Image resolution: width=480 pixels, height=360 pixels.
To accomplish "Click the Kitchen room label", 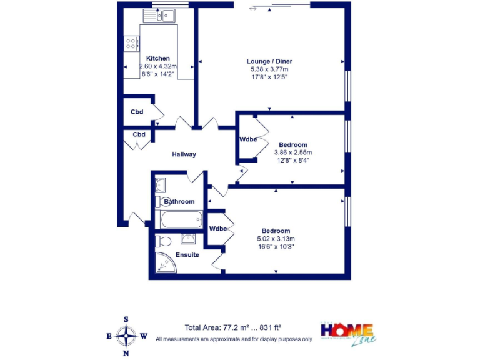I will click(x=158, y=58).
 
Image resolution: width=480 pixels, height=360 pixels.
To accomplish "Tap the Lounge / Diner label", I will click(x=269, y=61).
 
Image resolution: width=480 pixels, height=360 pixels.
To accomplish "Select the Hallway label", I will click(x=184, y=154).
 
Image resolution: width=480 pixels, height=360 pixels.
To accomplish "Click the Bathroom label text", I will click(x=179, y=202).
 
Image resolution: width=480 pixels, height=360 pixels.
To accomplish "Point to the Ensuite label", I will click(x=187, y=255).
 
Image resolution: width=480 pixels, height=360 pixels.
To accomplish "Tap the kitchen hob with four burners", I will click(x=132, y=43).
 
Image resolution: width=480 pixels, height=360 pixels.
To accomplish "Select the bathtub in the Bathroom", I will click(x=181, y=219).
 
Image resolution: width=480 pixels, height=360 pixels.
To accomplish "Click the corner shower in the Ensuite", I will click(x=165, y=266).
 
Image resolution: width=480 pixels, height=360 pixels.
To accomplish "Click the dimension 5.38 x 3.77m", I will click(x=269, y=69).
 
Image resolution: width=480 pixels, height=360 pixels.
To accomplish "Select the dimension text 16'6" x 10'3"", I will click(x=276, y=246).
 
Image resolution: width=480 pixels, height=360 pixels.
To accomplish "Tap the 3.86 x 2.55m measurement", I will click(x=293, y=152).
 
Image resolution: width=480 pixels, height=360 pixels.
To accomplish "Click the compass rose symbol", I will click(x=127, y=336).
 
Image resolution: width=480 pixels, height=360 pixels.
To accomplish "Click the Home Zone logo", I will click(x=348, y=333).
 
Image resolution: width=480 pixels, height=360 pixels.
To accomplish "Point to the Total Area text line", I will click(x=233, y=327).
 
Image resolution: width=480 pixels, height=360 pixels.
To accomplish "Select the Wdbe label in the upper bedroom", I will click(x=248, y=139).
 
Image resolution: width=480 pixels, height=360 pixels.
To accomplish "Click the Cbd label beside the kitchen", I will click(x=137, y=112).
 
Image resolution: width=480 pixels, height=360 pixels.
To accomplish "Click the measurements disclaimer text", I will click(x=234, y=339).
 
